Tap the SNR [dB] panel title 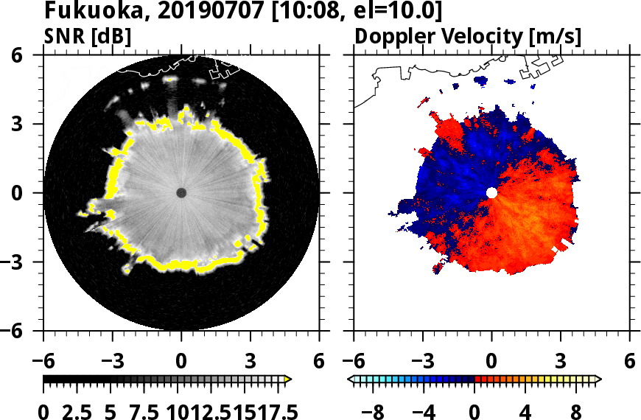tap(88, 35)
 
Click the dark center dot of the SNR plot tap(181, 193)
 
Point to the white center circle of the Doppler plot tap(491, 193)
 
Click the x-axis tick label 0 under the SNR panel tap(181, 362)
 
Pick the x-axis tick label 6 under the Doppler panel tap(629, 362)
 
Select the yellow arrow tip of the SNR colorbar tap(288, 379)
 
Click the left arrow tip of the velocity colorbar tap(350, 379)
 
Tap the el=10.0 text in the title tap(380, 13)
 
